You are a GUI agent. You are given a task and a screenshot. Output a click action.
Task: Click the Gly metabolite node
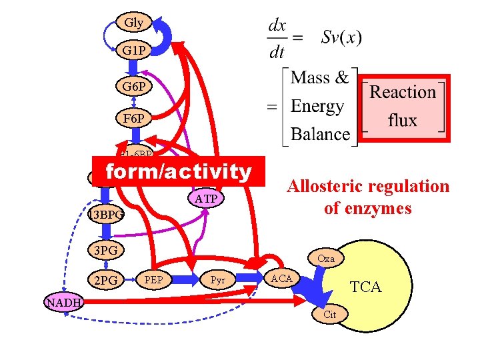[x=133, y=23]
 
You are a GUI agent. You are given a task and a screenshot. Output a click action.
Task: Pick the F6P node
[x=133, y=119]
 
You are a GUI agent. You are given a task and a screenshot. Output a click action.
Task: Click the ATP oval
[x=207, y=199]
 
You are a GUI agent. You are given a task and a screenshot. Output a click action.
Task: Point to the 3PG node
[x=106, y=251]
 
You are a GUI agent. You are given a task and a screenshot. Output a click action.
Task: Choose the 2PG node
[x=105, y=281]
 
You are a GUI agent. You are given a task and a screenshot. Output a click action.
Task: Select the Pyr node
[x=218, y=279]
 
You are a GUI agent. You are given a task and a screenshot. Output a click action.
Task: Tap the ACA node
[x=281, y=278]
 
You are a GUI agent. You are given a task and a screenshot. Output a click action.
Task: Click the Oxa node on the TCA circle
[x=326, y=258]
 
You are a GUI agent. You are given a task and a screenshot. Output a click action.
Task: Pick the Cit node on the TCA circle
[x=329, y=315]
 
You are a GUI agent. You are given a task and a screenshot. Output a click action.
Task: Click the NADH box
[x=64, y=303]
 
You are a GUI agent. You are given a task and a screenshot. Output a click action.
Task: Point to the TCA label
[x=366, y=287]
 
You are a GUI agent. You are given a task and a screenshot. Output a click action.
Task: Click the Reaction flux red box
[x=403, y=107]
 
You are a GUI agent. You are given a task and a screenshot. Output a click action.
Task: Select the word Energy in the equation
[x=318, y=106]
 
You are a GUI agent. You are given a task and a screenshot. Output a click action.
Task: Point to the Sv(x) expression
[x=341, y=37]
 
